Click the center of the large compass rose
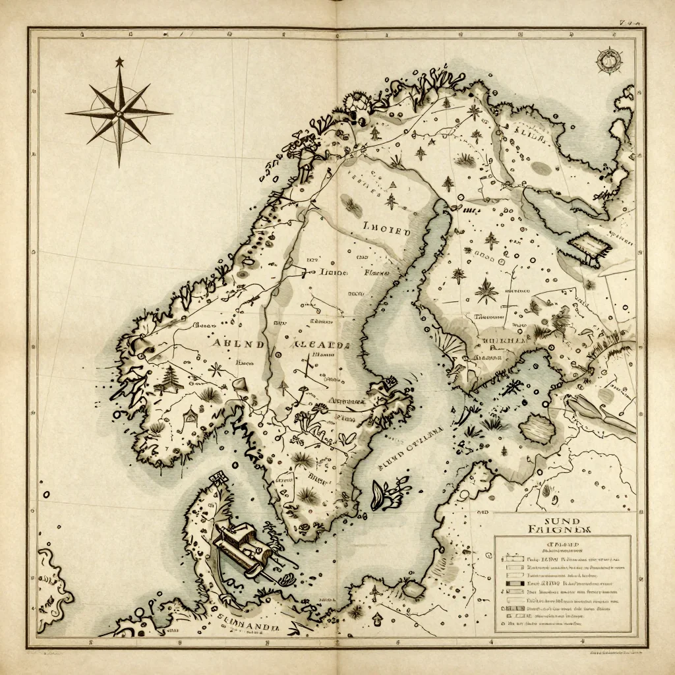[119, 113]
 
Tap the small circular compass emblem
[607, 61]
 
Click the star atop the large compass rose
[119, 62]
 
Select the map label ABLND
[238, 344]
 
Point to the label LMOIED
[386, 231]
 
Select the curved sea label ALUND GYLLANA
[410, 448]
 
